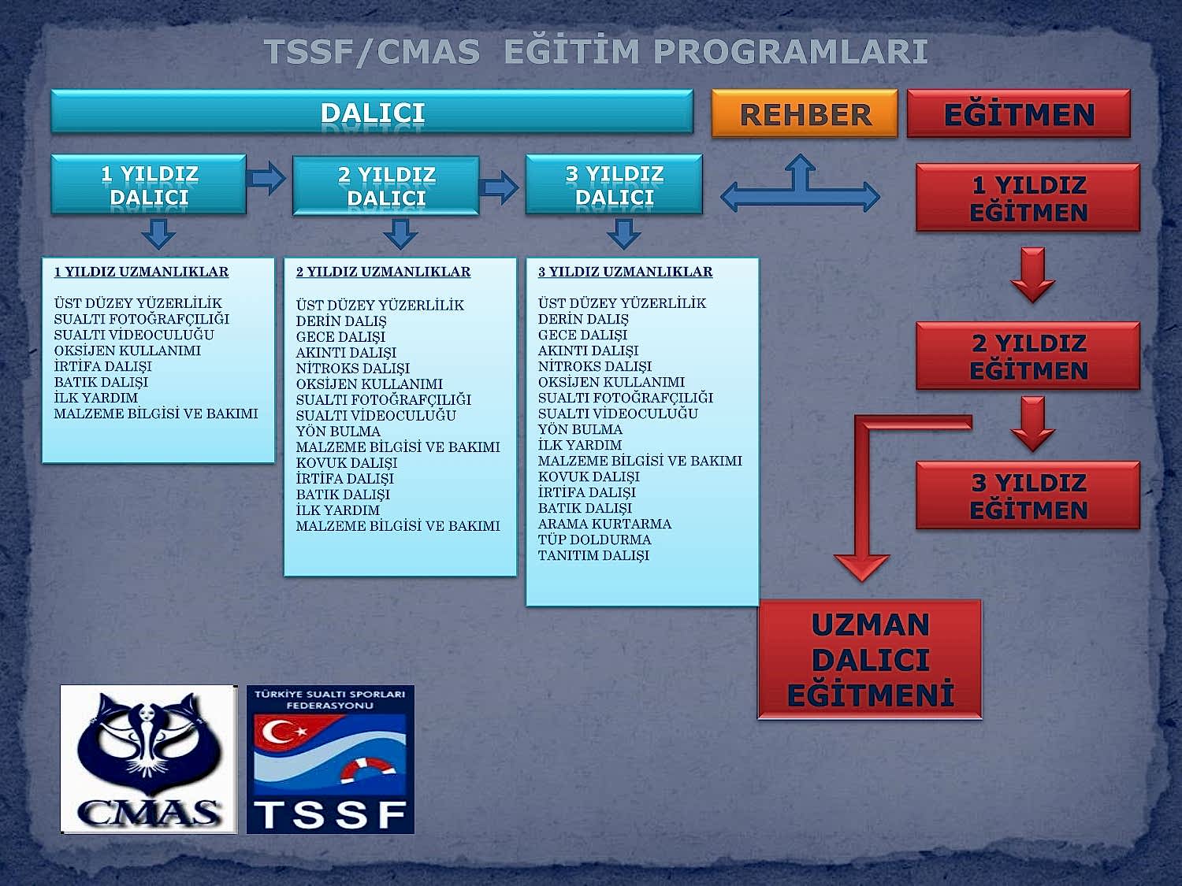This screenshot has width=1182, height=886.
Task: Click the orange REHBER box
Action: tap(805, 114)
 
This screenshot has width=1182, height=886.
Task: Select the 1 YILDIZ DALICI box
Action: tap(149, 185)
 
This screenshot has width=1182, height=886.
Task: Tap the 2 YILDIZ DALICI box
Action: tap(386, 186)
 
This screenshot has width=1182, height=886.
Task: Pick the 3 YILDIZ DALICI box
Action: tap(614, 185)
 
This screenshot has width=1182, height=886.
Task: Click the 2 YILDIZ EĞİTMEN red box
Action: tap(1028, 356)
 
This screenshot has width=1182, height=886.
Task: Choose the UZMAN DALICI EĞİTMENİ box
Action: tap(870, 659)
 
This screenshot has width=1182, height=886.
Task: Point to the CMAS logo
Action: tap(149, 759)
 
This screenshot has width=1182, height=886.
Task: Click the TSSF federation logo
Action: tap(330, 759)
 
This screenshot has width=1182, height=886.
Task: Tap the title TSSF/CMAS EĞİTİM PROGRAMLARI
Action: tap(596, 52)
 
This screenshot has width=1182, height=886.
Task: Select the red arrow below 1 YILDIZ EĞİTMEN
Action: tap(1032, 275)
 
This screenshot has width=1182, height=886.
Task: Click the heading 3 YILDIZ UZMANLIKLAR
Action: tap(625, 272)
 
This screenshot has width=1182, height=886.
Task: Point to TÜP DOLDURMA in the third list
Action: tap(594, 539)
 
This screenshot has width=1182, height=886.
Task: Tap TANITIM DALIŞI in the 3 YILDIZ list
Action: tap(593, 555)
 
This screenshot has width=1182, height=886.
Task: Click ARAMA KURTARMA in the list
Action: tap(604, 524)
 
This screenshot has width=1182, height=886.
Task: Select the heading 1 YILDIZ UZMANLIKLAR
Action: tap(141, 272)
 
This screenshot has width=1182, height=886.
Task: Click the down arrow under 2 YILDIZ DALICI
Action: tap(401, 234)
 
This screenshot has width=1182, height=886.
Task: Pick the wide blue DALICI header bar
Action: tap(372, 112)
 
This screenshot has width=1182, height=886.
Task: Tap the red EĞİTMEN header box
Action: tap(1018, 114)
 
